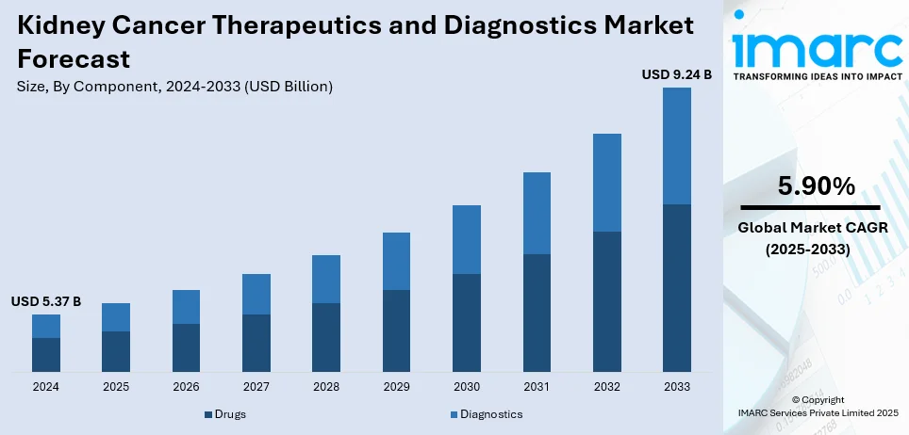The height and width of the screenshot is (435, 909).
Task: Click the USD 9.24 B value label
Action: [x=677, y=73]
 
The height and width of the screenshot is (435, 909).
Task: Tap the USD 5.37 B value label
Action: [x=46, y=301]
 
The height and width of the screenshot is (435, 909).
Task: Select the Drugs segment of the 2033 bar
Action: [x=677, y=287]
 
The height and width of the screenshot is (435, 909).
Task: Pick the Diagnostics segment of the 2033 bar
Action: [x=677, y=146]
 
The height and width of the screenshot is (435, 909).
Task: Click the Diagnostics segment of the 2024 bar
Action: [x=46, y=326]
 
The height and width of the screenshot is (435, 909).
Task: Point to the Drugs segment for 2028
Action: [x=326, y=337]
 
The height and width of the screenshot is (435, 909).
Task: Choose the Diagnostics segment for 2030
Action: [x=467, y=239]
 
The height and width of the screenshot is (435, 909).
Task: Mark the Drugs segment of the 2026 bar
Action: [x=186, y=347]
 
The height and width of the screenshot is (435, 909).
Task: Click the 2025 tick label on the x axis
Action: [x=116, y=387]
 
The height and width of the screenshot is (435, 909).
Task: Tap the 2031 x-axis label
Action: [x=537, y=387]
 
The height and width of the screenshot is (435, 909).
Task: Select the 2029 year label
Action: [x=396, y=387]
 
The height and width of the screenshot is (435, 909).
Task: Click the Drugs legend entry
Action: [x=225, y=414]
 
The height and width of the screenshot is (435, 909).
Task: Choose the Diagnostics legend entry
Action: [x=486, y=414]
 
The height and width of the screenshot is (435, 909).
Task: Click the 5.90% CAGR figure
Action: [x=817, y=186]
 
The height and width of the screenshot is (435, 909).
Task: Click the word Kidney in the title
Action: [x=62, y=26]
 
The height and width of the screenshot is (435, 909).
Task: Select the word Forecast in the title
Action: [x=73, y=59]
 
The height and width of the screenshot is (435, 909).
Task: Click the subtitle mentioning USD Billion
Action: [x=174, y=87]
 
